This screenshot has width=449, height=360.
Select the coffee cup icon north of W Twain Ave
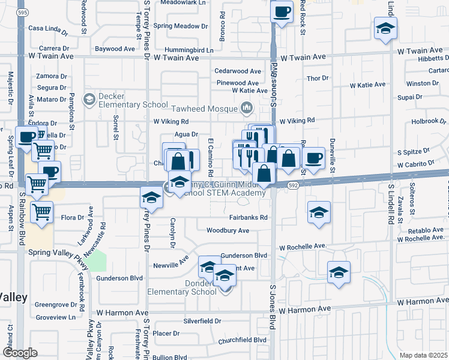(x=282, y=11)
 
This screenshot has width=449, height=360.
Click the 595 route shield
(x=22, y=12)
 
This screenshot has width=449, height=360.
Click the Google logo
(x=20, y=353)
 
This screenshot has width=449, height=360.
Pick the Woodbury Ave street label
(x=228, y=230)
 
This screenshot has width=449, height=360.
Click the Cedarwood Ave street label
(x=238, y=71)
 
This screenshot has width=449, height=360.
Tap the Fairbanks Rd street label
(x=248, y=218)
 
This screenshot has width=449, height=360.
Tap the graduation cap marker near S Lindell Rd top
(x=385, y=28)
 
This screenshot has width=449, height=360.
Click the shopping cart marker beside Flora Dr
(x=41, y=212)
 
